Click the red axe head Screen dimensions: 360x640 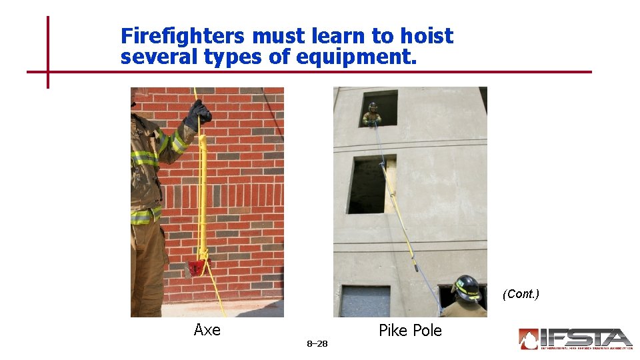[x=196, y=268]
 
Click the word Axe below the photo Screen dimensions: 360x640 [x=207, y=329]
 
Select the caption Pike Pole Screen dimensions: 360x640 [x=410, y=331]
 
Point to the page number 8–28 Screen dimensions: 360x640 [x=317, y=344]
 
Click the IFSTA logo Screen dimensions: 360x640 [x=575, y=339]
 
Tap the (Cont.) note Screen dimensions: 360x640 [x=521, y=294]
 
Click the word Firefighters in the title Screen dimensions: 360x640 [x=181, y=36]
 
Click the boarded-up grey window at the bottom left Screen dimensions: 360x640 [x=364, y=301]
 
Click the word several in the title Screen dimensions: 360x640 [x=159, y=57]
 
